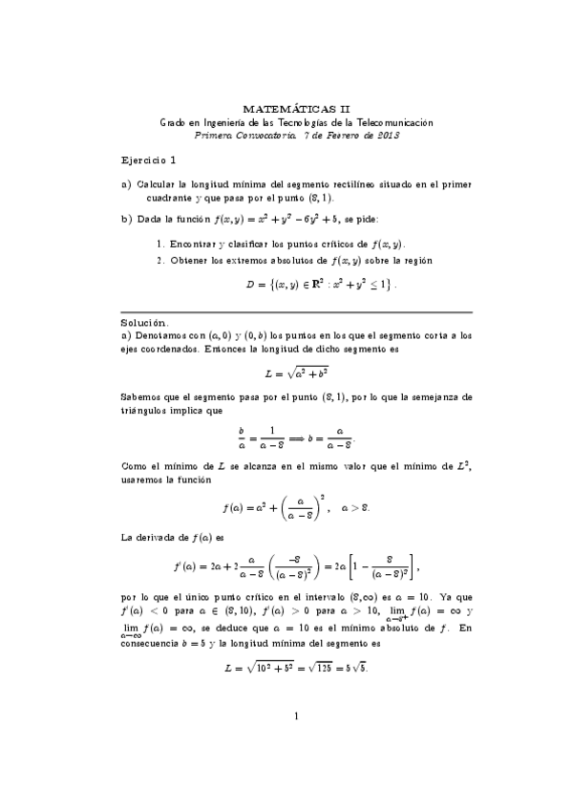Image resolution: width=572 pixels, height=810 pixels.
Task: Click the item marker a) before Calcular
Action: click(126, 184)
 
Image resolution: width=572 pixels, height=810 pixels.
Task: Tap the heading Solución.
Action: click(145, 324)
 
